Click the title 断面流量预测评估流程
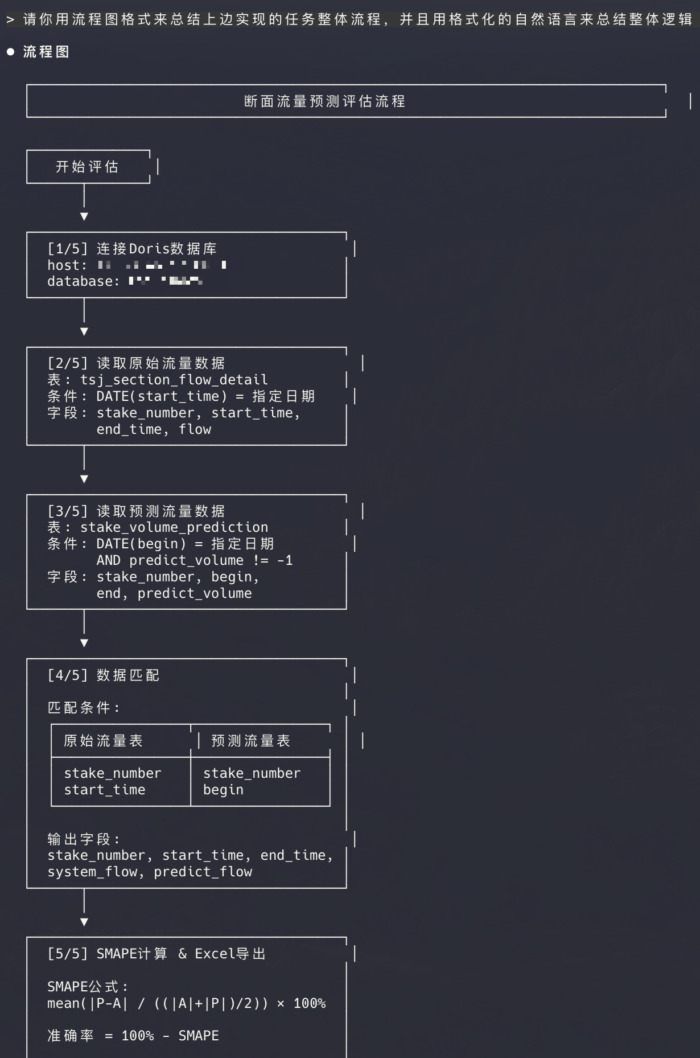pyautogui.click(x=324, y=101)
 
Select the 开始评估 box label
pyautogui.click(x=87, y=167)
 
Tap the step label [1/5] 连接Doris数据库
pyautogui.click(x=132, y=249)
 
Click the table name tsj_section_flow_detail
pyautogui.click(x=174, y=380)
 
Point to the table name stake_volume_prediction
pyautogui.click(x=174, y=527)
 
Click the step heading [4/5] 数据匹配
pyautogui.click(x=104, y=675)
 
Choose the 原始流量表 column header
pyautogui.click(x=103, y=741)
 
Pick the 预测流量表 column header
pyautogui.click(x=250, y=741)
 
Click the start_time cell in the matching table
pyautogui.click(x=105, y=790)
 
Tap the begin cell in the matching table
pyautogui.click(x=223, y=790)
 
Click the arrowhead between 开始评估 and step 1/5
pyautogui.click(x=84, y=216)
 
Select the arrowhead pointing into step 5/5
pyautogui.click(x=84, y=922)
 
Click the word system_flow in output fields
pyautogui.click(x=93, y=872)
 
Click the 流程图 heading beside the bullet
pyautogui.click(x=46, y=52)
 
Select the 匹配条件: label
pyautogui.click(x=84, y=708)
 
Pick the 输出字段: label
pyautogui.click(x=84, y=839)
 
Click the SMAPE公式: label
pyautogui.click(x=88, y=987)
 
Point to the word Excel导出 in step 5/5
pyautogui.click(x=230, y=954)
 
